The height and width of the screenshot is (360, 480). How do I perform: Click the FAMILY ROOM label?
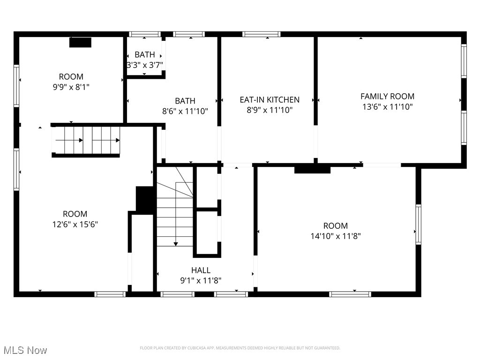[x=387, y=96]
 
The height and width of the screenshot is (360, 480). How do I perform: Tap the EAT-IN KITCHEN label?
[x=270, y=100]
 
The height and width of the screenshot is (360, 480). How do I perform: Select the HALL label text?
[x=201, y=270]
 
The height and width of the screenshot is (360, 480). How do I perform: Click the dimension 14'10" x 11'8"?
[x=336, y=236]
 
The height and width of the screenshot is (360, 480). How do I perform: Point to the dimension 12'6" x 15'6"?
[x=75, y=224]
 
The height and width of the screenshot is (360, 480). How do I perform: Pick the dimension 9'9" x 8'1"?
[x=71, y=87]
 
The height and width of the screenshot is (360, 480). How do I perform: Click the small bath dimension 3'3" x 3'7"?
[x=144, y=65]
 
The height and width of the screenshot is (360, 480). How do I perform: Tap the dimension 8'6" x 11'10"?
[x=185, y=111]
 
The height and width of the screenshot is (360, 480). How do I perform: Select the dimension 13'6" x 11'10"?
[x=387, y=106]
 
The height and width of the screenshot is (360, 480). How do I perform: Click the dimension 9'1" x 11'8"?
[x=201, y=280]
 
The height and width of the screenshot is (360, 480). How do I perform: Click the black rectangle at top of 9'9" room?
[x=80, y=42]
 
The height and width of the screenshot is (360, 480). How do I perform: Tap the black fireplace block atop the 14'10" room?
[x=312, y=169]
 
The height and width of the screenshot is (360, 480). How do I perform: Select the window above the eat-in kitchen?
[x=262, y=34]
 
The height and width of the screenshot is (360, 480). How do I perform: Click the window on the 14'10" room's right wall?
[x=418, y=224]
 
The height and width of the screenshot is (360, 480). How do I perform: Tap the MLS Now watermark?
[x=25, y=350]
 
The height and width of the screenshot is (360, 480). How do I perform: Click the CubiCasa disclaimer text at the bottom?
[x=240, y=348]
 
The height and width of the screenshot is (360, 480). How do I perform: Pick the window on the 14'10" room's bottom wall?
[x=350, y=294]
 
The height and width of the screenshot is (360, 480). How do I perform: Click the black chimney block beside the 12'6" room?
[x=145, y=200]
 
